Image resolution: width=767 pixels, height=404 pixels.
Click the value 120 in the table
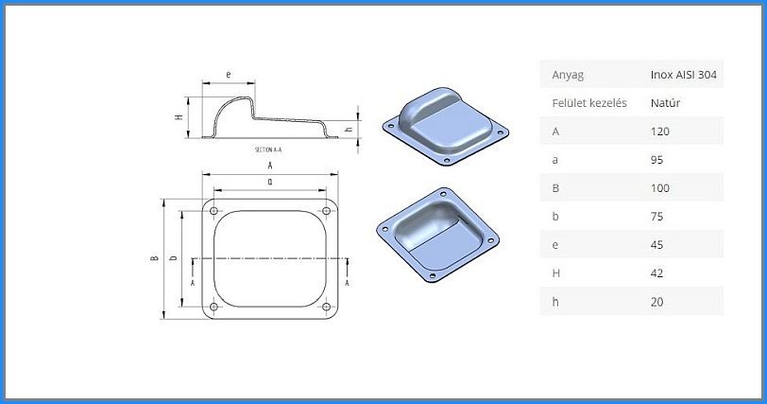click(660, 132)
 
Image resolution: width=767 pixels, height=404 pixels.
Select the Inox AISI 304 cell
click(683, 75)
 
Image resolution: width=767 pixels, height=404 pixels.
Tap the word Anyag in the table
click(568, 75)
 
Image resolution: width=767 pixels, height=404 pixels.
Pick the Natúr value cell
click(665, 103)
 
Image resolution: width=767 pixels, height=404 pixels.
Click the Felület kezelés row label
click(589, 103)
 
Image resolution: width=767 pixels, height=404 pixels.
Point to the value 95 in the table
click(656, 160)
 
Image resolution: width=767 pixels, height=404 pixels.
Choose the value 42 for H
click(656, 273)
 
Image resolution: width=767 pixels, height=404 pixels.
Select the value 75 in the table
click(656, 217)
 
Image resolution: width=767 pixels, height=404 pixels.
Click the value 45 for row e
click(656, 245)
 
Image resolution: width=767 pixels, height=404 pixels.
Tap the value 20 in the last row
click(656, 302)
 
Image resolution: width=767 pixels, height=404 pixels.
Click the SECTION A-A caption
click(268, 149)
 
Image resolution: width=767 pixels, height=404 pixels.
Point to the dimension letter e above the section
click(229, 75)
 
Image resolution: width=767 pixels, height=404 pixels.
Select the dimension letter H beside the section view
click(179, 117)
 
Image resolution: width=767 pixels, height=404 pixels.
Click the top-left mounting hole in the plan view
click(213, 211)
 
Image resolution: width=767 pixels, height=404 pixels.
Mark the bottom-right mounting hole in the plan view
click(326, 307)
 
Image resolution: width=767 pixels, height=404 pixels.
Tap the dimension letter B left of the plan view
click(155, 258)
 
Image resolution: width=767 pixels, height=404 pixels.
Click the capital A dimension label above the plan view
click(270, 166)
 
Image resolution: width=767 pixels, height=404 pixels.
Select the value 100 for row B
click(660, 188)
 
